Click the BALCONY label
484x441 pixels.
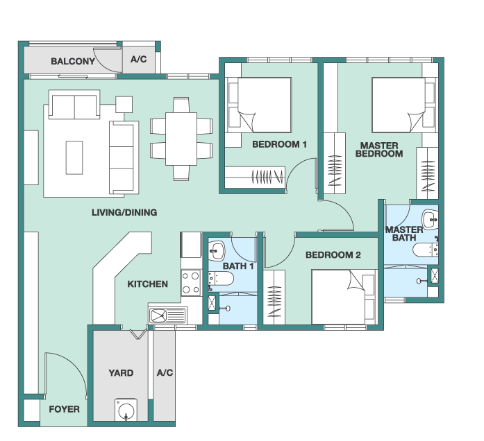point(73,61)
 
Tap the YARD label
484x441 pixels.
point(121,373)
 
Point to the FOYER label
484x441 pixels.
point(64,409)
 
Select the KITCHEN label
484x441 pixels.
point(147,284)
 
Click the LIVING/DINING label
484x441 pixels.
point(124,212)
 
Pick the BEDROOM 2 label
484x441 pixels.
point(333,255)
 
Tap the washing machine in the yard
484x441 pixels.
point(126,410)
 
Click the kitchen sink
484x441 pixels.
point(168,315)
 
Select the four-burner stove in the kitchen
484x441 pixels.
point(191,283)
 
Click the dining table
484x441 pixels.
point(181,139)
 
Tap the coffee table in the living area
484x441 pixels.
point(74,158)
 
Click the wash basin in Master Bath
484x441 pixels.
point(430,219)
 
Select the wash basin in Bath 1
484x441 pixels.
point(217,250)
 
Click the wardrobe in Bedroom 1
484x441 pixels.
point(255,177)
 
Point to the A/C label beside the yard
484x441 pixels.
point(165,373)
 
